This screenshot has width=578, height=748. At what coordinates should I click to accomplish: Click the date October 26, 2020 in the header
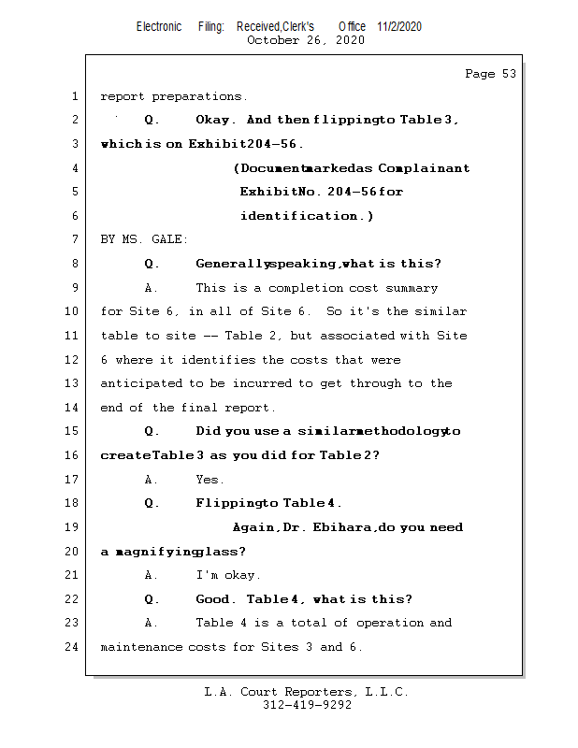tap(305, 40)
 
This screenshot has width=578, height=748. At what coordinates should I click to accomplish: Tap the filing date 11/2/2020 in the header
tap(399, 26)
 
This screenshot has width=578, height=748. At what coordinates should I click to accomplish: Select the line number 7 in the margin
tap(74, 240)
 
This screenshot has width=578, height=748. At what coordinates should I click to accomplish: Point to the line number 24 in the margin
tap(71, 647)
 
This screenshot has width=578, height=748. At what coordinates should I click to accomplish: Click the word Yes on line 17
tap(210, 480)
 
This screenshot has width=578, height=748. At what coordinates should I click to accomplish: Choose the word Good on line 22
tap(213, 599)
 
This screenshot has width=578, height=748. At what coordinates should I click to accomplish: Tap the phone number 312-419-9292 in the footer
tap(307, 706)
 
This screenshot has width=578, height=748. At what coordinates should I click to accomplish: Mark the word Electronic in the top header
tap(159, 26)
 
